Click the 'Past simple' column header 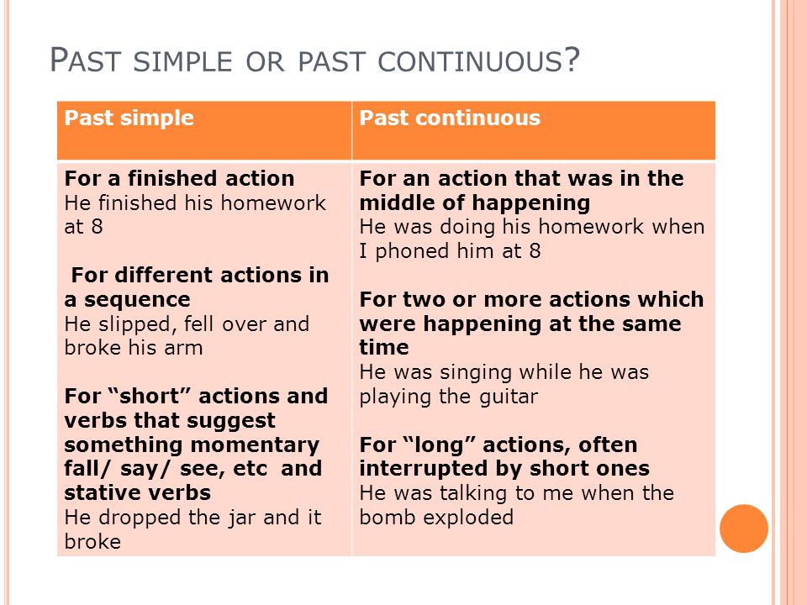tap(129, 118)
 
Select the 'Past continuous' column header tap(450, 118)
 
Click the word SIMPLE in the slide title tap(182, 61)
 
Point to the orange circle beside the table tap(744, 529)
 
